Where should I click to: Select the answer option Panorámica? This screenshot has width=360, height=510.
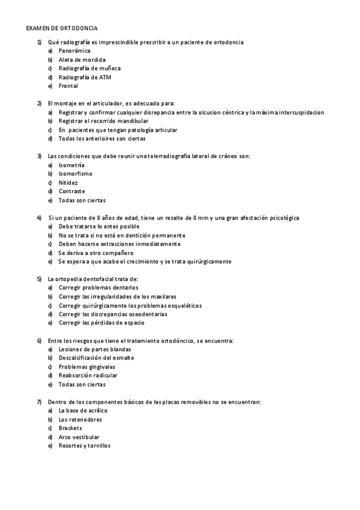(x=75, y=51)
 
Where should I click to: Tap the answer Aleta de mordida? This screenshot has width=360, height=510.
(x=82, y=60)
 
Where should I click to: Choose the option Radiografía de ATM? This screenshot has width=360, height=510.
(x=85, y=78)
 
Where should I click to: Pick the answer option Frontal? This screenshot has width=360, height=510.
(x=69, y=86)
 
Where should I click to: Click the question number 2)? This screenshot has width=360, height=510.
(x=39, y=103)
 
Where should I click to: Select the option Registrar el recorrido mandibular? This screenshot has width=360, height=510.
(x=103, y=121)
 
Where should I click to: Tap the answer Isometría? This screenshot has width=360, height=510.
(x=72, y=165)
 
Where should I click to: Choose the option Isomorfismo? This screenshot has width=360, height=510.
(x=76, y=173)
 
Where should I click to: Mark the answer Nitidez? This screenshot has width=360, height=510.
(x=68, y=182)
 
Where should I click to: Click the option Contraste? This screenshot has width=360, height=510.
(x=72, y=191)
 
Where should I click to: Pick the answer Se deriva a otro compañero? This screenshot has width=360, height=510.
(x=96, y=253)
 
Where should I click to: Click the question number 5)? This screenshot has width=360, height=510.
(x=39, y=279)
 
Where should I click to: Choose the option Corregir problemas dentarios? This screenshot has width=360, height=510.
(x=98, y=287)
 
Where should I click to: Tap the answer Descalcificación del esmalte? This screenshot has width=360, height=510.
(x=96, y=358)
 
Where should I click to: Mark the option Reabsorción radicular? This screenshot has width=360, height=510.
(x=88, y=375)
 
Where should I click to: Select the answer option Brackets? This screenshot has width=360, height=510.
(x=70, y=428)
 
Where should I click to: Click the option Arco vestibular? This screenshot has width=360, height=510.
(x=79, y=437)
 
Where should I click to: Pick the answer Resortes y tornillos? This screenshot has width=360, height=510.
(x=84, y=446)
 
